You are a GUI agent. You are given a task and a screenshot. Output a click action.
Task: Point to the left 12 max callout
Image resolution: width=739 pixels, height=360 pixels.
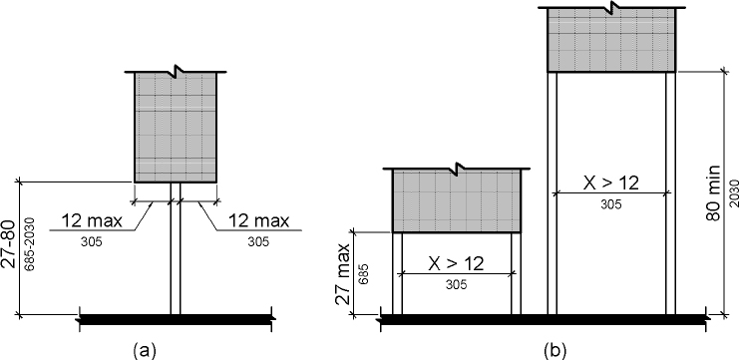92,220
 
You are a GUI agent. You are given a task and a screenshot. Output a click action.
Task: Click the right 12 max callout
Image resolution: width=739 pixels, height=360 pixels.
258,220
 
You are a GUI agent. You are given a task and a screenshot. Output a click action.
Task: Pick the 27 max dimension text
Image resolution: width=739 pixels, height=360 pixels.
344,274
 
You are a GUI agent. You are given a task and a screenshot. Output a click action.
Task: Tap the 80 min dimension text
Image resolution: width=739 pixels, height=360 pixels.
713,193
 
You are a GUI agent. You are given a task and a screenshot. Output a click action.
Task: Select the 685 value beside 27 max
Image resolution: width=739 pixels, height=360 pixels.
363,274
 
